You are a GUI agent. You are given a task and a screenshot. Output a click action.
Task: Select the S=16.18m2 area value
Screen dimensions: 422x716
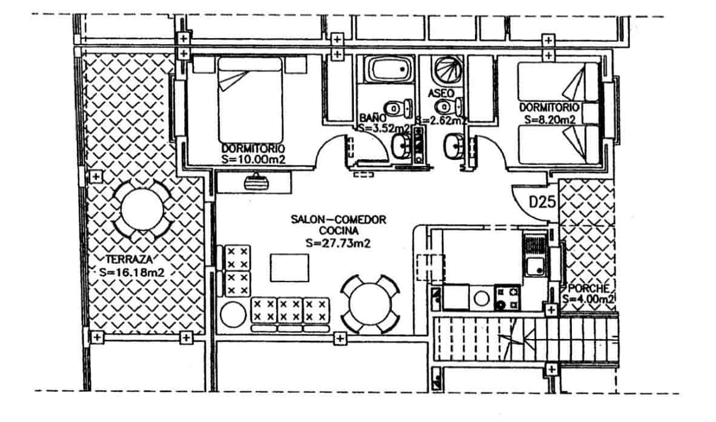tap(132, 272)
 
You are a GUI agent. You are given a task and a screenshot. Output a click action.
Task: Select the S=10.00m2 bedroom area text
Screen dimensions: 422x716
tap(253, 159)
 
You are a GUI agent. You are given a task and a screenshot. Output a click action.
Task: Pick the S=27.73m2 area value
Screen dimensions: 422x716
tap(338, 243)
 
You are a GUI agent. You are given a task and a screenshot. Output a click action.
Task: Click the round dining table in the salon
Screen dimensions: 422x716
tap(370, 303)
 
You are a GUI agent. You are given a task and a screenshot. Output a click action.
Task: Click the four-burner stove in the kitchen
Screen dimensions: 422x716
tap(507, 297)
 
